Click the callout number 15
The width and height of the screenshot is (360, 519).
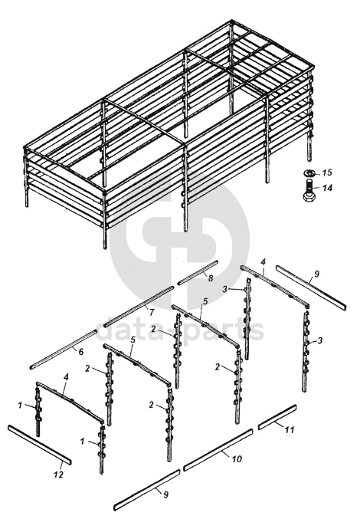pyautogui.click(x=326, y=172)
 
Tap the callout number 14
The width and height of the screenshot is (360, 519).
pyautogui.click(x=327, y=188)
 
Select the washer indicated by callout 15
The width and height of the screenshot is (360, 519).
pyautogui.click(x=309, y=172)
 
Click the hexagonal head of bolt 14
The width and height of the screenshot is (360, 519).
pyautogui.click(x=309, y=196)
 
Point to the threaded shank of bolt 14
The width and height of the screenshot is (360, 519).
pyautogui.click(x=309, y=186)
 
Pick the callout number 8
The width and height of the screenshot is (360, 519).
pyautogui.click(x=210, y=278)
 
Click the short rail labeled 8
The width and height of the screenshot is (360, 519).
pyautogui.click(x=198, y=272)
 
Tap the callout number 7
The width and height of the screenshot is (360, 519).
pyautogui.click(x=152, y=312)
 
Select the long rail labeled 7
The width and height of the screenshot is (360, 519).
pyautogui.click(x=139, y=307)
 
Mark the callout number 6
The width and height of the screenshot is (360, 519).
pyautogui.click(x=81, y=352)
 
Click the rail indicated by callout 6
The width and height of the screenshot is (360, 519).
pyautogui.click(x=63, y=350)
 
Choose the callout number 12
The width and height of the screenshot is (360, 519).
pyautogui.click(x=58, y=475)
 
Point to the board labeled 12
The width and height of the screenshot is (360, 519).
pyautogui.click(x=40, y=445)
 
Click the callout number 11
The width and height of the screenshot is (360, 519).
pyautogui.click(x=290, y=430)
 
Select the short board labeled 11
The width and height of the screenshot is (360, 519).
pyautogui.click(x=277, y=417)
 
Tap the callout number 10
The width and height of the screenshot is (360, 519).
pyautogui.click(x=237, y=458)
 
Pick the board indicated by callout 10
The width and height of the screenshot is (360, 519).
pyautogui.click(x=218, y=450)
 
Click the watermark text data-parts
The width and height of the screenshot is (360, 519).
pyautogui.click(x=180, y=330)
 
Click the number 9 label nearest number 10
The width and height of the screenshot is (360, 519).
pyautogui.click(x=165, y=494)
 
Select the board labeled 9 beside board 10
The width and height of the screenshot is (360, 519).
pyautogui.click(x=147, y=490)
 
